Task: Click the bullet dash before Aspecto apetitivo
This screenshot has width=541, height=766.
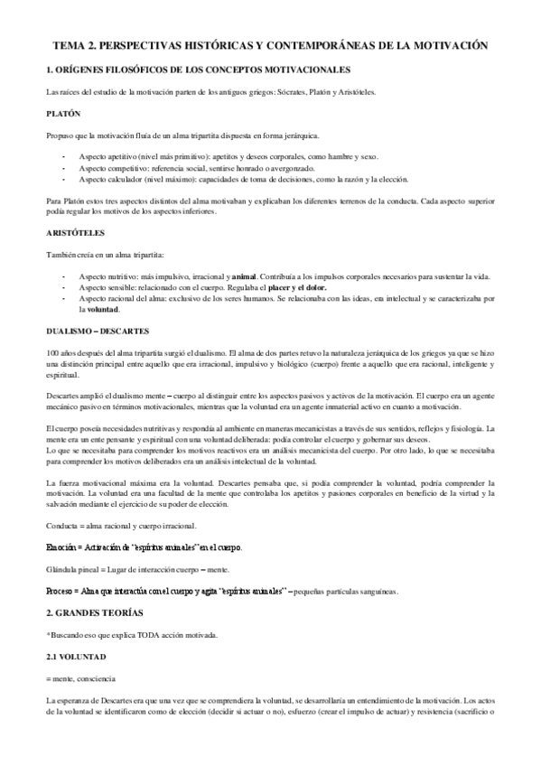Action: point(63,156)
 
